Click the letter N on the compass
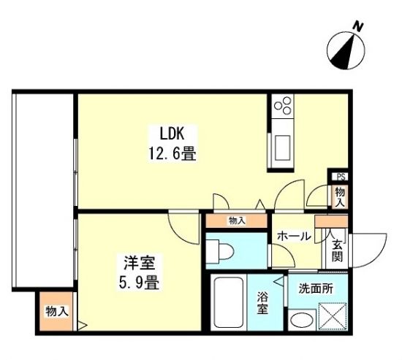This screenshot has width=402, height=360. click(x=358, y=26)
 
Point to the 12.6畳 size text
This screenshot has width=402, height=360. click(x=172, y=154)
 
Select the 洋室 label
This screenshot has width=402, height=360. click(x=140, y=263)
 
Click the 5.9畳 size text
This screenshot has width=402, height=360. click(x=139, y=283)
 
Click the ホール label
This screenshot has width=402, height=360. click(x=294, y=236)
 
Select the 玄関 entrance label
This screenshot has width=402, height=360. click(x=338, y=253)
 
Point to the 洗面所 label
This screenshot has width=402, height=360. click(x=316, y=288)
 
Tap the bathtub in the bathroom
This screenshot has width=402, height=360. click(x=229, y=302)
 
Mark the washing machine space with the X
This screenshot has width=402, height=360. click(x=333, y=317)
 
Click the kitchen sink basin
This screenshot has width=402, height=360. click(x=282, y=148)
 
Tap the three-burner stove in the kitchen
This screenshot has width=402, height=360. click(x=283, y=106)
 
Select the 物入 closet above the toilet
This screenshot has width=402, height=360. click(x=237, y=221)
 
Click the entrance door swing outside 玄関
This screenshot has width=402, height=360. click(x=368, y=250)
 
